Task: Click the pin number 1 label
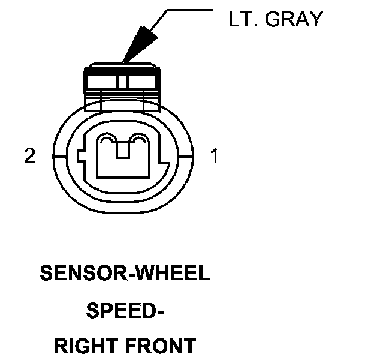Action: click(x=214, y=157)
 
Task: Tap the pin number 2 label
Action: click(x=30, y=157)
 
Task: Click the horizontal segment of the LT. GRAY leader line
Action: click(x=189, y=10)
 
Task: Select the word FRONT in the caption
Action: click(x=162, y=347)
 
